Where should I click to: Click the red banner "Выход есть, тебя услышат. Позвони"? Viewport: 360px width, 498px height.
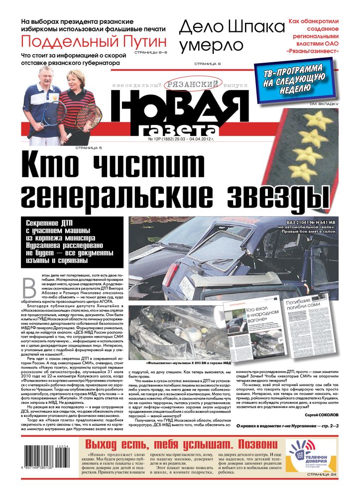pyautogui.click(x=180, y=444)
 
